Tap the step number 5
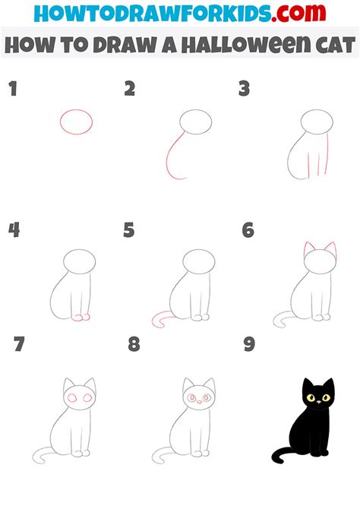click(129, 230)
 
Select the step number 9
click(248, 346)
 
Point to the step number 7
click(20, 346)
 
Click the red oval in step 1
click(76, 121)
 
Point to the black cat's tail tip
click(274, 457)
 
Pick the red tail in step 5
click(161, 321)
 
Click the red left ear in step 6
click(308, 250)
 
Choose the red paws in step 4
click(81, 316)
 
